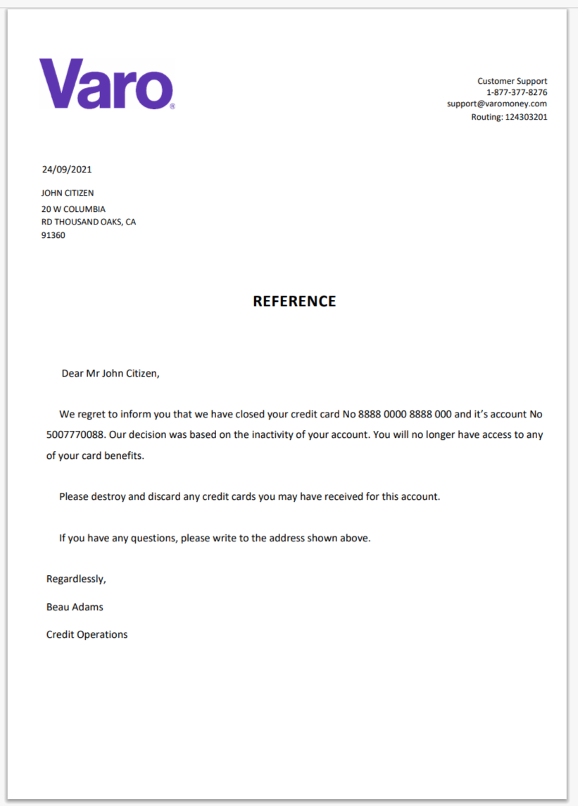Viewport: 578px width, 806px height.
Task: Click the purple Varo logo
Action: click(x=106, y=84)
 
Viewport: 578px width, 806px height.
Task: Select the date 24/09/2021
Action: click(x=67, y=169)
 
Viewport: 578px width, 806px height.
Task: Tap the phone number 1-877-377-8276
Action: click(x=517, y=92)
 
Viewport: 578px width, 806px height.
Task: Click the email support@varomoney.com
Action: click(x=496, y=103)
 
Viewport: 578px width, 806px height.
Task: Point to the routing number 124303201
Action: click(x=526, y=117)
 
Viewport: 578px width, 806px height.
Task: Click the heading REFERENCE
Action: click(x=294, y=301)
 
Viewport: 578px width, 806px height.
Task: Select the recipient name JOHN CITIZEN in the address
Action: click(x=68, y=193)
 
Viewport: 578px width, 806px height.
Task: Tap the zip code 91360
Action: click(x=54, y=235)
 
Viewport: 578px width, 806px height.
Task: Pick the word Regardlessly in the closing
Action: click(x=76, y=579)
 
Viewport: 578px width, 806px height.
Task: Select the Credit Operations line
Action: click(x=87, y=635)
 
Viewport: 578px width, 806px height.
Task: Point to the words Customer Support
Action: click(x=512, y=81)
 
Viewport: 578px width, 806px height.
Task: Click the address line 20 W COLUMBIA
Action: click(x=73, y=209)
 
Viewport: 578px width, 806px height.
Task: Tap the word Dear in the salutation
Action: click(x=73, y=373)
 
